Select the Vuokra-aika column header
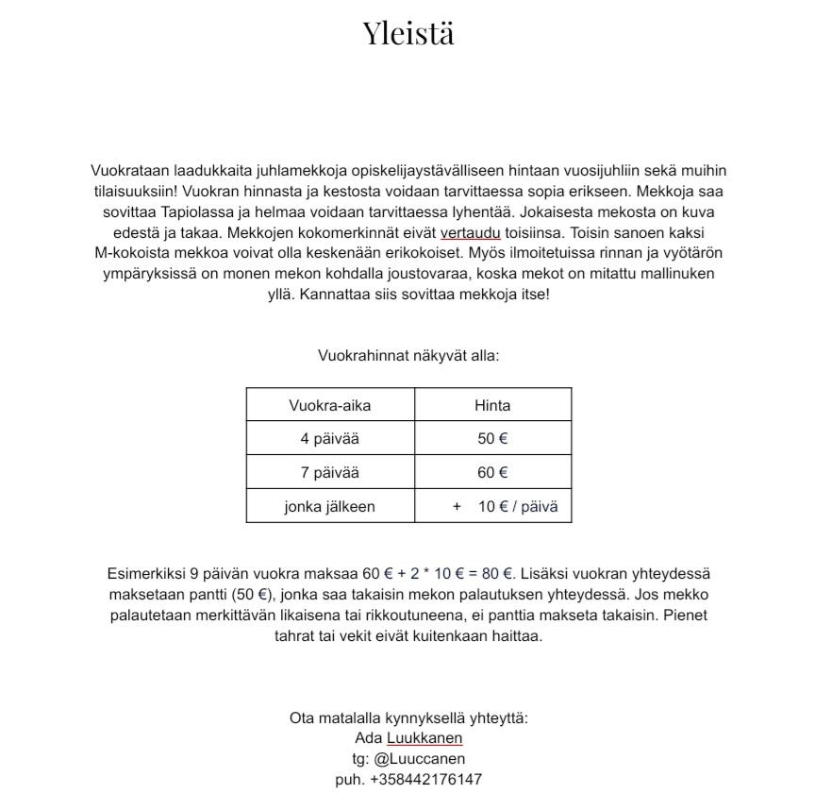tap(329, 405)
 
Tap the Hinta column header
tap(492, 405)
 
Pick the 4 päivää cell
tap(329, 439)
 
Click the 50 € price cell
tap(492, 439)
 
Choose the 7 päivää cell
tap(329, 473)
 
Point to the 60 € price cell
tap(492, 473)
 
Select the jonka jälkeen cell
tap(329, 507)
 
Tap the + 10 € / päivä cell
tap(506, 507)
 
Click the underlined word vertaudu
tap(471, 232)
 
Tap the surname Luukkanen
tap(424, 738)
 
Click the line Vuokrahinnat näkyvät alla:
tap(408, 356)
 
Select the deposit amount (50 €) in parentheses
tap(249, 595)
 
